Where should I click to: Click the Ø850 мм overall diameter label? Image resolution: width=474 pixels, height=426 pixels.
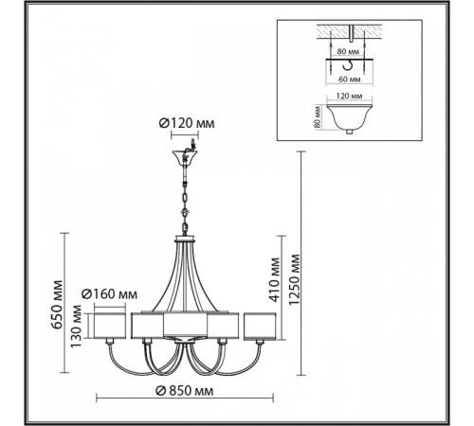185,391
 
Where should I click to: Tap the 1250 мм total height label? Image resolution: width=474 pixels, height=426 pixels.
294,278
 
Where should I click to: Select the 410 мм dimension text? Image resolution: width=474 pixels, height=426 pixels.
275,280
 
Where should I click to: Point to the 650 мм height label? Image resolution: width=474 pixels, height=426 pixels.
57,304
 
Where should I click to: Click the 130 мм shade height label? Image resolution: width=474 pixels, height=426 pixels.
76,327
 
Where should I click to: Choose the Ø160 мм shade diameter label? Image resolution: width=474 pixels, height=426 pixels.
109,294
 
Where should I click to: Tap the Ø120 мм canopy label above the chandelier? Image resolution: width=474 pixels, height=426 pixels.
187,123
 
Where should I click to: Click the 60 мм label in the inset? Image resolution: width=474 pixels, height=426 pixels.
350,80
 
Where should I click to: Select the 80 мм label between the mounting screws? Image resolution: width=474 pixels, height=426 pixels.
348,51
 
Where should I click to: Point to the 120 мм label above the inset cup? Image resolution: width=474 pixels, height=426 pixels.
349,96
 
